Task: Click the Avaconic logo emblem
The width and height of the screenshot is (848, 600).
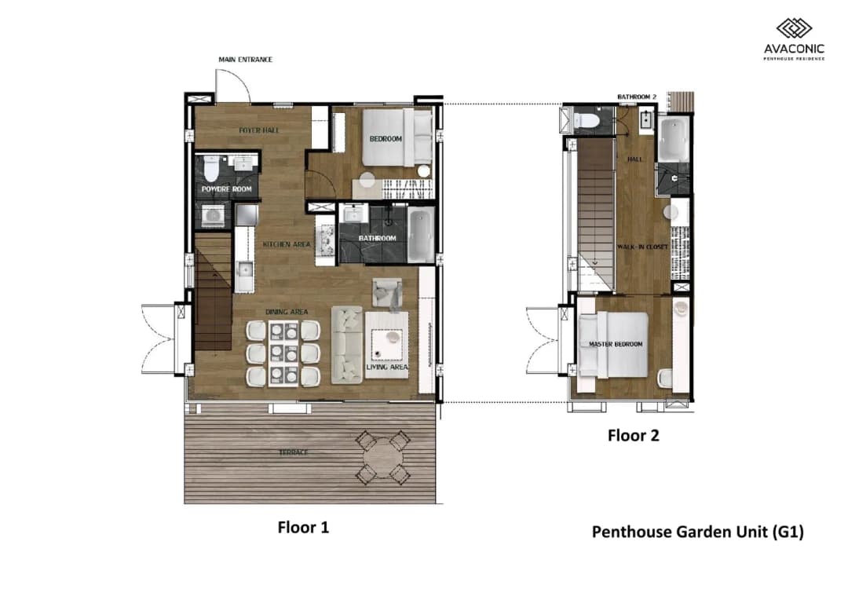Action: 794,29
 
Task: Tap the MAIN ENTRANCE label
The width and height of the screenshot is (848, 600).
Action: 246,60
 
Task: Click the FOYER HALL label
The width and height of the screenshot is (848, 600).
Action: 259,130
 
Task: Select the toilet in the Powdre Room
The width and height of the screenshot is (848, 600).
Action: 211,168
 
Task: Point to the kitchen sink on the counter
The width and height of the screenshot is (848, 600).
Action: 244,269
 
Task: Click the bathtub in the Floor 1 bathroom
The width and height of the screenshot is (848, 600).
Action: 421,236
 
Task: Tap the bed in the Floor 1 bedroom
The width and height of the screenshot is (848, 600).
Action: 397,138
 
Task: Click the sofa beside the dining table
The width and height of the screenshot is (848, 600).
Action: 347,345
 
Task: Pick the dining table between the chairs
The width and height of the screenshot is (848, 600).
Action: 283,353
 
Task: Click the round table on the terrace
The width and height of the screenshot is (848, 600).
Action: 383,458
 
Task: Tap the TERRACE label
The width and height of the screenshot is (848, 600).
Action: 293,452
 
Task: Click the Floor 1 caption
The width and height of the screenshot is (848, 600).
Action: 303,528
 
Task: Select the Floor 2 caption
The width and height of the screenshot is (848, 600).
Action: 634,436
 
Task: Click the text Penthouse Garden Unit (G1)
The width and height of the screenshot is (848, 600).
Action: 698,532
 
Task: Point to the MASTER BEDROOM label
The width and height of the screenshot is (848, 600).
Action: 616,344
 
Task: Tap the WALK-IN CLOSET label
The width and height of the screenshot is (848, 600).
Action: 642,247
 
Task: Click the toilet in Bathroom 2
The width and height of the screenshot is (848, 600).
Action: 586,120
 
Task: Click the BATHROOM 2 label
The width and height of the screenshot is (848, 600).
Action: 637,97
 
